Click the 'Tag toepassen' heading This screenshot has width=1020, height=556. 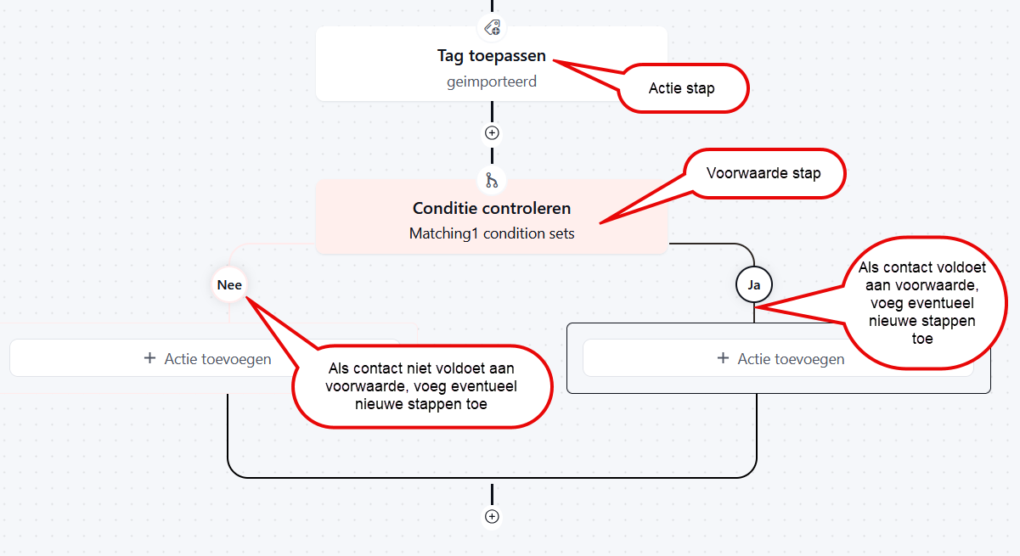492,55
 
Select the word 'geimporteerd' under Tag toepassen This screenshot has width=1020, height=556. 492,81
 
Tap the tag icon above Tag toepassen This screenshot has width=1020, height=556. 492,28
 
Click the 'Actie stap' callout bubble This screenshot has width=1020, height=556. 683,88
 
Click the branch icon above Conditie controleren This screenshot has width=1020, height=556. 492,181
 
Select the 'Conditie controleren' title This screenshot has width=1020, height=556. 492,208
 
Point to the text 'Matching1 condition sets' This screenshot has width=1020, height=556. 492,233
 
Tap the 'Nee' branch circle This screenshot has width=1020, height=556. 229,285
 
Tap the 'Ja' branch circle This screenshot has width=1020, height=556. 754,285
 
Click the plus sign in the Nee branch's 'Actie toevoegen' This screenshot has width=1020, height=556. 149,358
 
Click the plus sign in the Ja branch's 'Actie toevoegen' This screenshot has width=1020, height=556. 723,358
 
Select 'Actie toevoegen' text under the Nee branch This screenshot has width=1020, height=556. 217,359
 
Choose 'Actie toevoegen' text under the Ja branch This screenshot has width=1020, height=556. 791,359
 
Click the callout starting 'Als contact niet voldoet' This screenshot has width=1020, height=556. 422,386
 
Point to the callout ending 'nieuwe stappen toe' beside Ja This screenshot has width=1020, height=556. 923,302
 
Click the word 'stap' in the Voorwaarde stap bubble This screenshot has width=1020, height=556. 807,173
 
